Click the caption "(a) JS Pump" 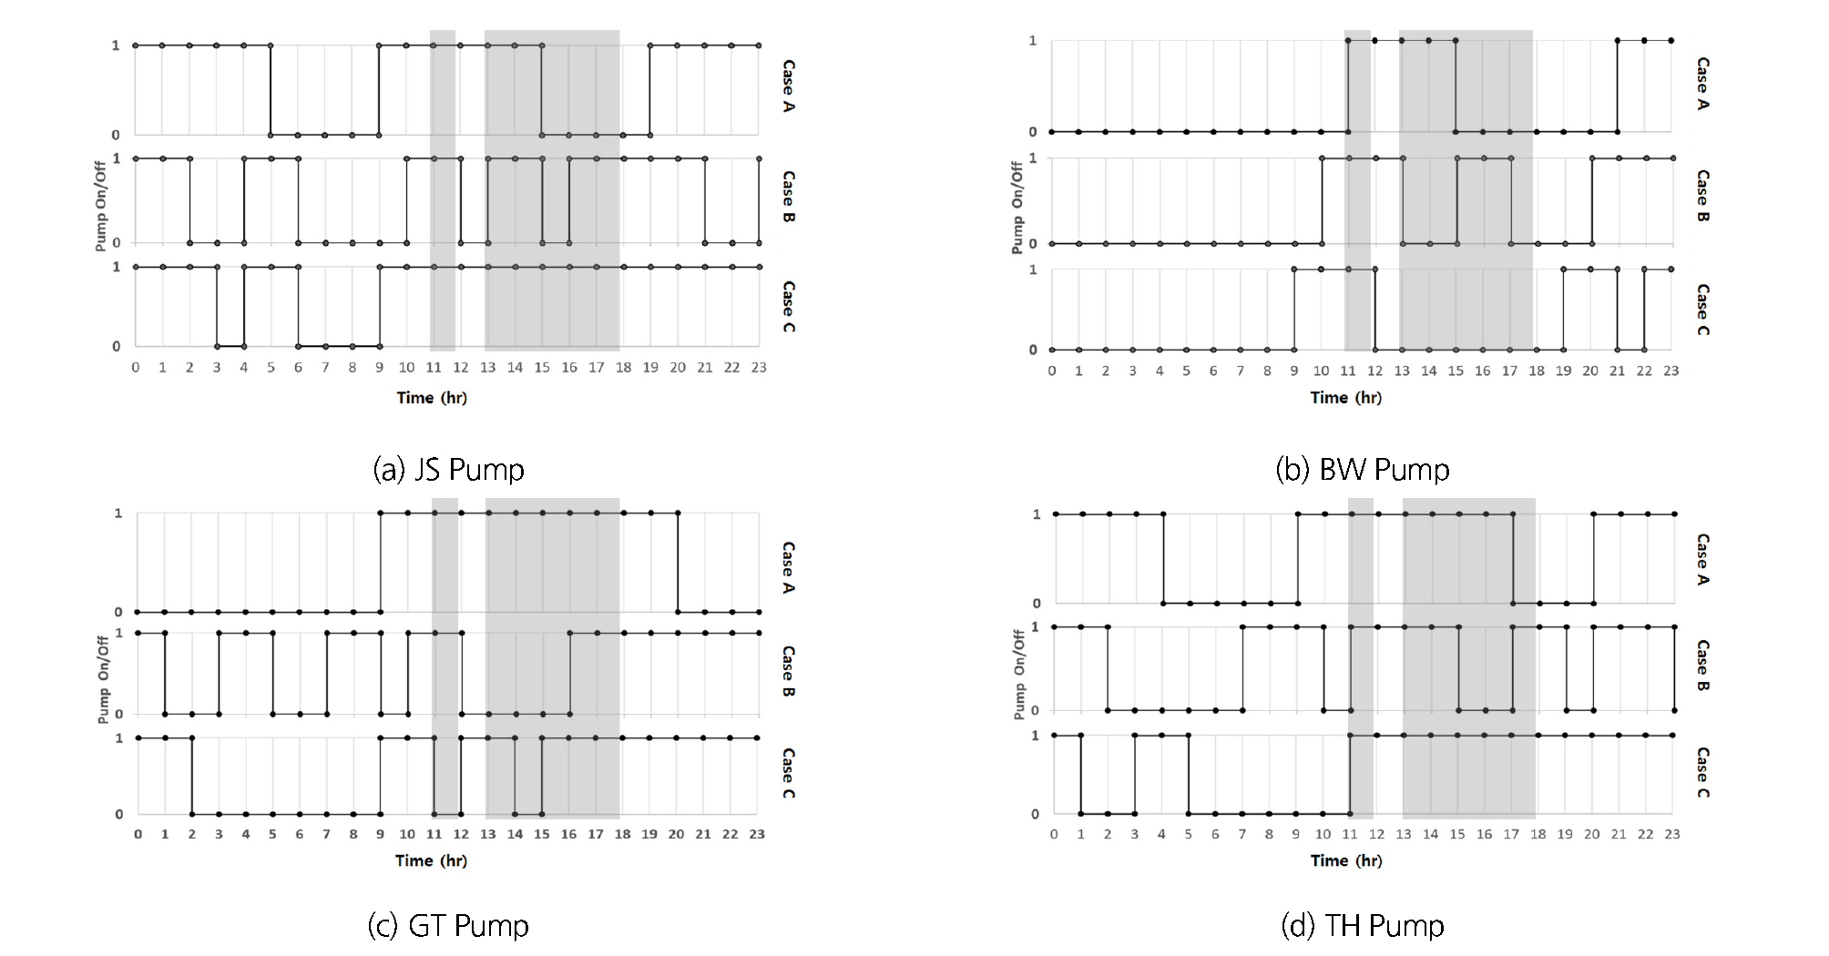[448, 470]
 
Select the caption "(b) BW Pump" [1362, 470]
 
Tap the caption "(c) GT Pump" [447, 926]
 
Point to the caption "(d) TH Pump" [1362, 926]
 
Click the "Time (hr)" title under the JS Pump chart [431, 398]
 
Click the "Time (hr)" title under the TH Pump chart [1345, 860]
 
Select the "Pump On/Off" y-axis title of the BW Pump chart [1017, 208]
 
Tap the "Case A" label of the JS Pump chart [789, 86]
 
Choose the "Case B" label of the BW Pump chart [1702, 196]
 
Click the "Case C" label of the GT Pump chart [789, 773]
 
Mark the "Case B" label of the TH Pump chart [1702, 666]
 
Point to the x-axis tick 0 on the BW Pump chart [1051, 371]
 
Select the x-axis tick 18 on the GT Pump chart [622, 834]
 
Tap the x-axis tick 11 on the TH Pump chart [1349, 834]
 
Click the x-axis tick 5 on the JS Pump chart [271, 368]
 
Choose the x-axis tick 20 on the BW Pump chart [1590, 371]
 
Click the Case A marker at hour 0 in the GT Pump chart [138, 612]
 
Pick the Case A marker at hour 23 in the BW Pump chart [1671, 40]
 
